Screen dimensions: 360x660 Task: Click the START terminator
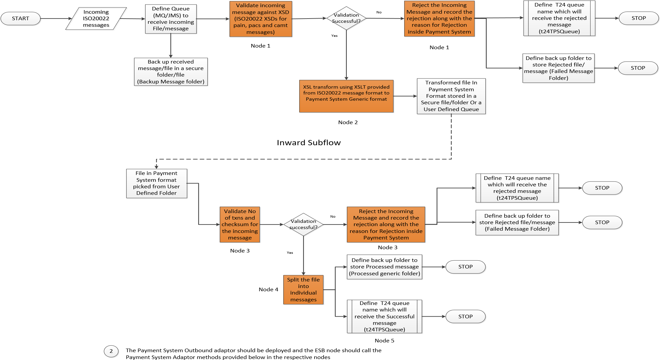[21, 19]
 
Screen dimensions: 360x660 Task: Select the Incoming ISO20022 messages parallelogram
[97, 19]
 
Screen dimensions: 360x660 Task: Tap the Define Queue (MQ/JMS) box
[171, 19]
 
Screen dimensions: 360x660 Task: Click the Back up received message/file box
[171, 72]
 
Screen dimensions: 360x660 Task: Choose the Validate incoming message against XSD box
[260, 19]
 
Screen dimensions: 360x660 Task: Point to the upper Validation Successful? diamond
[346, 19]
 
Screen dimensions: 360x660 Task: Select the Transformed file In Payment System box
[451, 96]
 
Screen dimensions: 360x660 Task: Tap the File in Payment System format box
[156, 183]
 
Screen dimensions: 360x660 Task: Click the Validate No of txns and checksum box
[240, 224]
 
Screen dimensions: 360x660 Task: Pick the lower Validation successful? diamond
[303, 224]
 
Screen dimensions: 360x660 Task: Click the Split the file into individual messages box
[303, 290]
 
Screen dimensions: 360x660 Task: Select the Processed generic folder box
[385, 267]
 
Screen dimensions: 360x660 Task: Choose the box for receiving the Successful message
[385, 316]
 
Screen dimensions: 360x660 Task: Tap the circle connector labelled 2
[111, 351]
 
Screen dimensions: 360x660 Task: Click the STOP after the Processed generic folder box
[465, 267]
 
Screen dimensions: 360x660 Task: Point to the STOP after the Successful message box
[465, 316]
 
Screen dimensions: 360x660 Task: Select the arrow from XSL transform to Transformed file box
[405, 96]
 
